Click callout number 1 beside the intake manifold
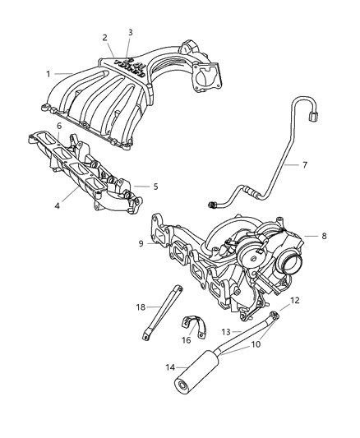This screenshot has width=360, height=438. click(x=48, y=74)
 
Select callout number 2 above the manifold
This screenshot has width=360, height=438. click(x=104, y=38)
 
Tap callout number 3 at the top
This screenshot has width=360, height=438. click(x=130, y=32)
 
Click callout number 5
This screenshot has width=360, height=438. click(x=155, y=187)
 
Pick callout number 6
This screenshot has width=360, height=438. click(x=58, y=126)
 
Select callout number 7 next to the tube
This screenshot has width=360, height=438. click(x=304, y=165)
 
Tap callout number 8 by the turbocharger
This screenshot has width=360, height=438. click(x=324, y=236)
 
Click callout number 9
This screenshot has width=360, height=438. click(x=141, y=243)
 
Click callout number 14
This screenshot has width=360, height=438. click(x=148, y=369)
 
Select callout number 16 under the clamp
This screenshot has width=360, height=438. click(x=186, y=339)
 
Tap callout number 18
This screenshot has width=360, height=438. click(x=141, y=307)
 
